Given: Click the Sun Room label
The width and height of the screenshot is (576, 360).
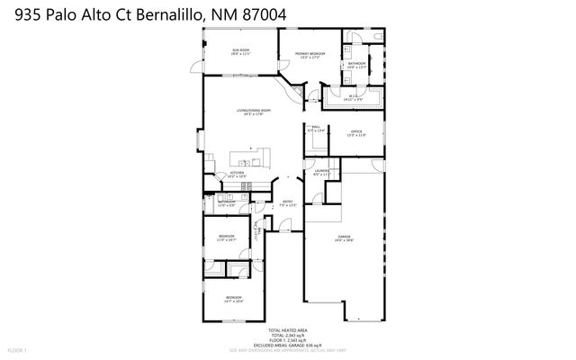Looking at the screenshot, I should (x=240, y=51).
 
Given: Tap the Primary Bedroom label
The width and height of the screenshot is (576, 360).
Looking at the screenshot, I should (x=310, y=56).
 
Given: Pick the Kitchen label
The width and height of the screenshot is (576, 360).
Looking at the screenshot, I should (x=237, y=175).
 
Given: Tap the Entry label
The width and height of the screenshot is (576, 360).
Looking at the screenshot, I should (x=288, y=203).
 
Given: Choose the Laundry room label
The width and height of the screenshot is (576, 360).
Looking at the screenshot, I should (x=320, y=173).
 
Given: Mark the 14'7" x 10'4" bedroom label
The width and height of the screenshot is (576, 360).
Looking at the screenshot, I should (x=234, y=299).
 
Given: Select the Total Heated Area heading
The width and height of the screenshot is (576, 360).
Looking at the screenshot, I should (x=288, y=330).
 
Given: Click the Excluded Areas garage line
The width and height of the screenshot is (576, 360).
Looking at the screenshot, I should (x=288, y=344).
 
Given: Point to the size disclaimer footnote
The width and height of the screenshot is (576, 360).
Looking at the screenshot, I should (x=288, y=349).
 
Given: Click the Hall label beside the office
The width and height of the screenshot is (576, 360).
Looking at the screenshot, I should (x=316, y=128).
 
